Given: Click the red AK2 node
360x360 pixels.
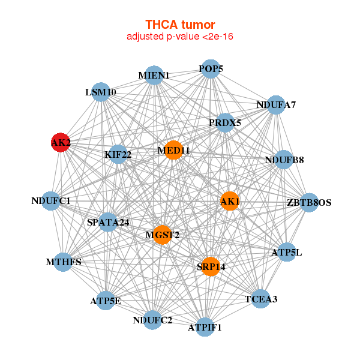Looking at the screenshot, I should click(x=60, y=143).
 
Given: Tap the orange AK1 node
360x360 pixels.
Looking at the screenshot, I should click(x=230, y=202).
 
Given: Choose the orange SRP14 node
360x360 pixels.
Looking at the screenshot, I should click(x=210, y=266).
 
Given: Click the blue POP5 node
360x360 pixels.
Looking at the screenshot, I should click(x=210, y=69).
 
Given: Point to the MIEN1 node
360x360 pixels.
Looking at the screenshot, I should click(x=154, y=76).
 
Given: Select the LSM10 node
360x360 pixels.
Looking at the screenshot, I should click(x=101, y=92).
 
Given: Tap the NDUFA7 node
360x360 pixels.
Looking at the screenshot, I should click(x=275, y=105).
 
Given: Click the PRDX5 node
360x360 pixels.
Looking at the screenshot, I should click(x=225, y=123).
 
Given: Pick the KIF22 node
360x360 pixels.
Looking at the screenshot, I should click(x=118, y=154).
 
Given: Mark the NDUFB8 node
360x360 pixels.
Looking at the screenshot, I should click(x=283, y=160).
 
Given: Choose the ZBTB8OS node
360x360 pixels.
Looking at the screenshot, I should click(x=309, y=203).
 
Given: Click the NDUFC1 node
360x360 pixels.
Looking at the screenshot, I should click(x=52, y=201).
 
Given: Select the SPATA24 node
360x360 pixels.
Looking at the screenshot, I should click(x=108, y=223).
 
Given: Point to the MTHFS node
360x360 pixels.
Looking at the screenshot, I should click(x=64, y=262).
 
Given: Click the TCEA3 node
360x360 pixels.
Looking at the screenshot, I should click(x=260, y=299).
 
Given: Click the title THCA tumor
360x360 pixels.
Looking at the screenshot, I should click(x=180, y=25).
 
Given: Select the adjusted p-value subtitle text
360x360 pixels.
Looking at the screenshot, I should click(x=180, y=37).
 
